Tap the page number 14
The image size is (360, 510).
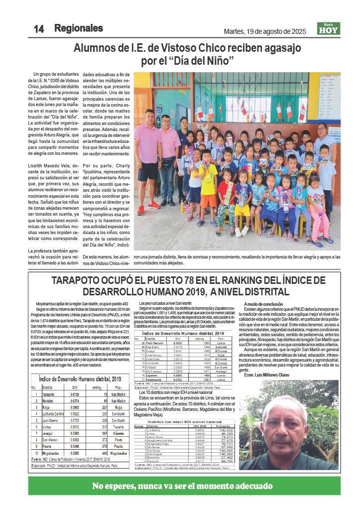[x=38, y=29]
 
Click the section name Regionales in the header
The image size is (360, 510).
[x=78, y=28]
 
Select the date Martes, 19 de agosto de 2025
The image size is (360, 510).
[x=264, y=31]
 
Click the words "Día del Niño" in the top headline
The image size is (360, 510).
[x=212, y=62]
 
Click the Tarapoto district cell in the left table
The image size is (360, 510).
[x=48, y=394]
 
